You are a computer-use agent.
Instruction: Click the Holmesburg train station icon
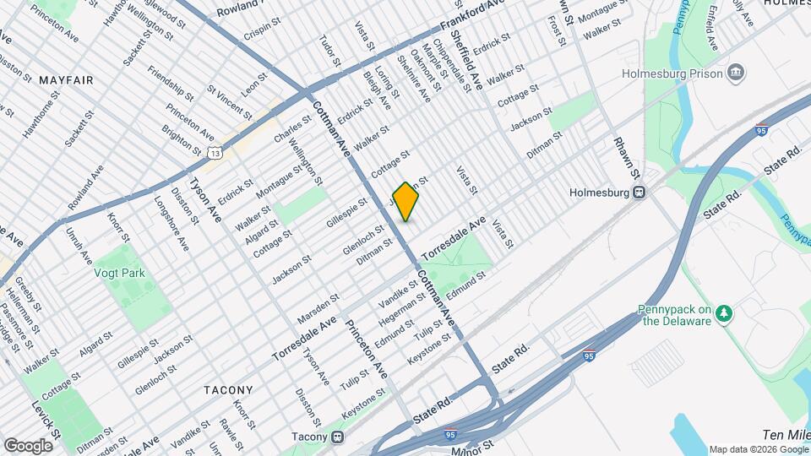tap(640, 192)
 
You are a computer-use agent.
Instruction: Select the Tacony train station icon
tap(338, 437)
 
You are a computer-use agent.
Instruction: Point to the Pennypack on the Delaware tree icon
tap(723, 314)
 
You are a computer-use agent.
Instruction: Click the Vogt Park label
tap(121, 273)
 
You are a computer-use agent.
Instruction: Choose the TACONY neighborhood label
tap(227, 389)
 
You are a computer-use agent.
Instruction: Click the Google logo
tap(28, 445)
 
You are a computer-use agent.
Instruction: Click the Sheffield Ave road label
tap(466, 58)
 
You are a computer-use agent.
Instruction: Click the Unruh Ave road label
tap(79, 247)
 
